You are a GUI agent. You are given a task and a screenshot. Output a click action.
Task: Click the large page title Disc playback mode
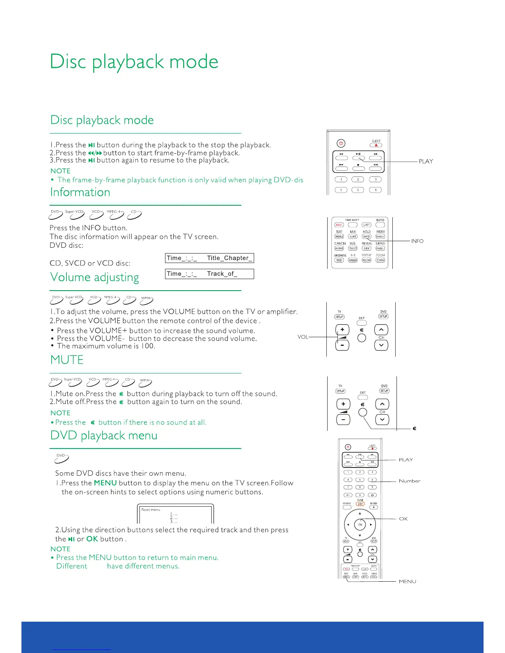pyautogui.click(x=134, y=62)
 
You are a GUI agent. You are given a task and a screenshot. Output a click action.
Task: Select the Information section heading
pyautogui.click(x=80, y=193)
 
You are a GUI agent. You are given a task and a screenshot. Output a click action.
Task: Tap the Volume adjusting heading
pyautogui.click(x=94, y=277)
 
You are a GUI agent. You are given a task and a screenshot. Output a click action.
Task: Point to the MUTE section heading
pyautogui.click(x=67, y=360)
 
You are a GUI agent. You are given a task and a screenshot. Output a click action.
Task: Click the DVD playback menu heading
pyautogui.click(x=104, y=436)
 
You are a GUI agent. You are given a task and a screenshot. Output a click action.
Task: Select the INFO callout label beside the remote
pyautogui.click(x=417, y=241)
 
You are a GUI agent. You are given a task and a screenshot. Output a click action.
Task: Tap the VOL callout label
pyautogui.click(x=303, y=337)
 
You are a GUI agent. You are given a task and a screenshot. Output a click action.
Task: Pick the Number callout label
pyautogui.click(x=409, y=481)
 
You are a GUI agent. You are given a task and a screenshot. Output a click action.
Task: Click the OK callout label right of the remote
pyautogui.click(x=403, y=519)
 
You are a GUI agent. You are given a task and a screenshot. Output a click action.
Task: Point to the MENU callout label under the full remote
pyautogui.click(x=407, y=582)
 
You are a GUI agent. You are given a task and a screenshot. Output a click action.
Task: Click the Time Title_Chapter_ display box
pyautogui.click(x=209, y=258)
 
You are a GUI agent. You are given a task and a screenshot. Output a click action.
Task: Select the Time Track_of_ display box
pyautogui.click(x=209, y=274)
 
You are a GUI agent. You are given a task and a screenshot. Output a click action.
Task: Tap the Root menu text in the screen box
pyautogui.click(x=151, y=510)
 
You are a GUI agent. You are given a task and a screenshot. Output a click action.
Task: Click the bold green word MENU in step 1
pyautogui.click(x=105, y=483)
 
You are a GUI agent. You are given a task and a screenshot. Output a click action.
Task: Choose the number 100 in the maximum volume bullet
pyautogui.click(x=147, y=346)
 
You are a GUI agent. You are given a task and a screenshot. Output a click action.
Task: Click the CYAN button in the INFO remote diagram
pyautogui.click(x=380, y=260)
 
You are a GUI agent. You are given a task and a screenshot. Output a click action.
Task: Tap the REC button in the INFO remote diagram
pyautogui.click(x=339, y=225)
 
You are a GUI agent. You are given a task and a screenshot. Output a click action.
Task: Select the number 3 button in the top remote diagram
pyautogui.click(x=375, y=179)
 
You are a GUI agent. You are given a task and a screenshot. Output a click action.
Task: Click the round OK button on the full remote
pyautogui.click(x=360, y=525)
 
